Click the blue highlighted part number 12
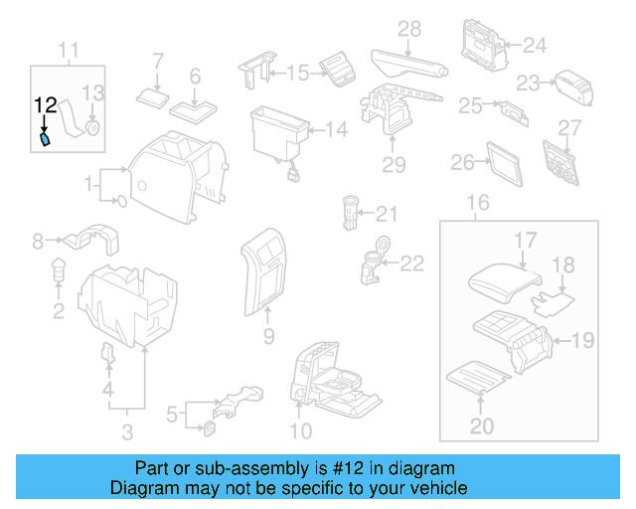(x=45, y=141)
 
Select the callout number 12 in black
(x=45, y=104)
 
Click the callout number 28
(x=409, y=29)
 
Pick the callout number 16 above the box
(x=478, y=205)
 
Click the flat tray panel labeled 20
(x=479, y=376)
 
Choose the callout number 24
(x=535, y=45)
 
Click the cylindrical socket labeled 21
(x=348, y=213)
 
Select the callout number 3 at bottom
(x=126, y=431)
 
